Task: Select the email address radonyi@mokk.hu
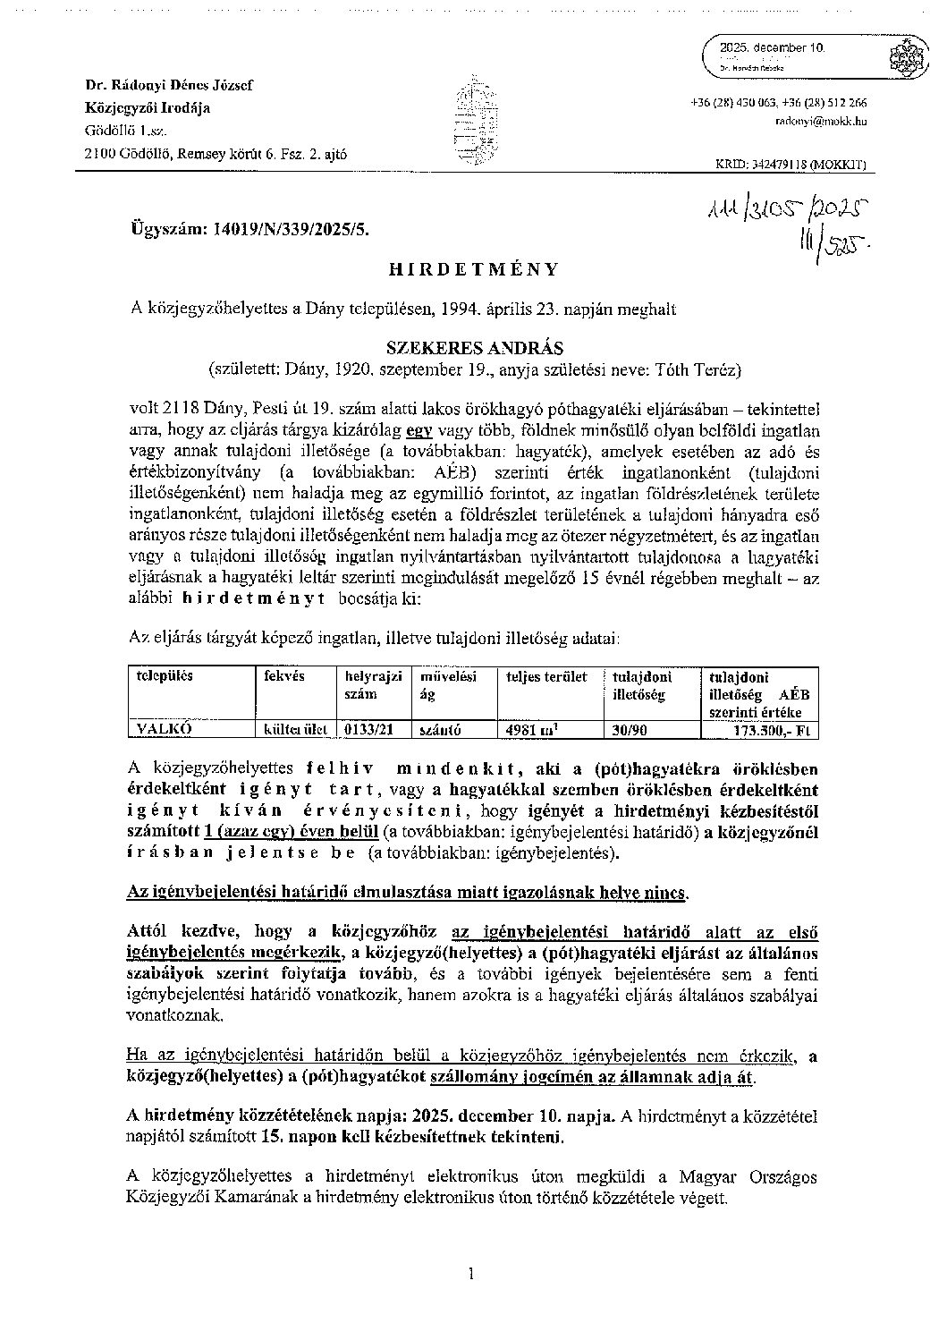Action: pyautogui.click(x=832, y=120)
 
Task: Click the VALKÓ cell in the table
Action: pyautogui.click(x=164, y=729)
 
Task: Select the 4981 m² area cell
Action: pyautogui.click(x=532, y=729)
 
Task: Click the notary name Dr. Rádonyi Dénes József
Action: pyautogui.click(x=168, y=86)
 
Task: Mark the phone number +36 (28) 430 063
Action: pyautogui.click(x=733, y=103)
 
